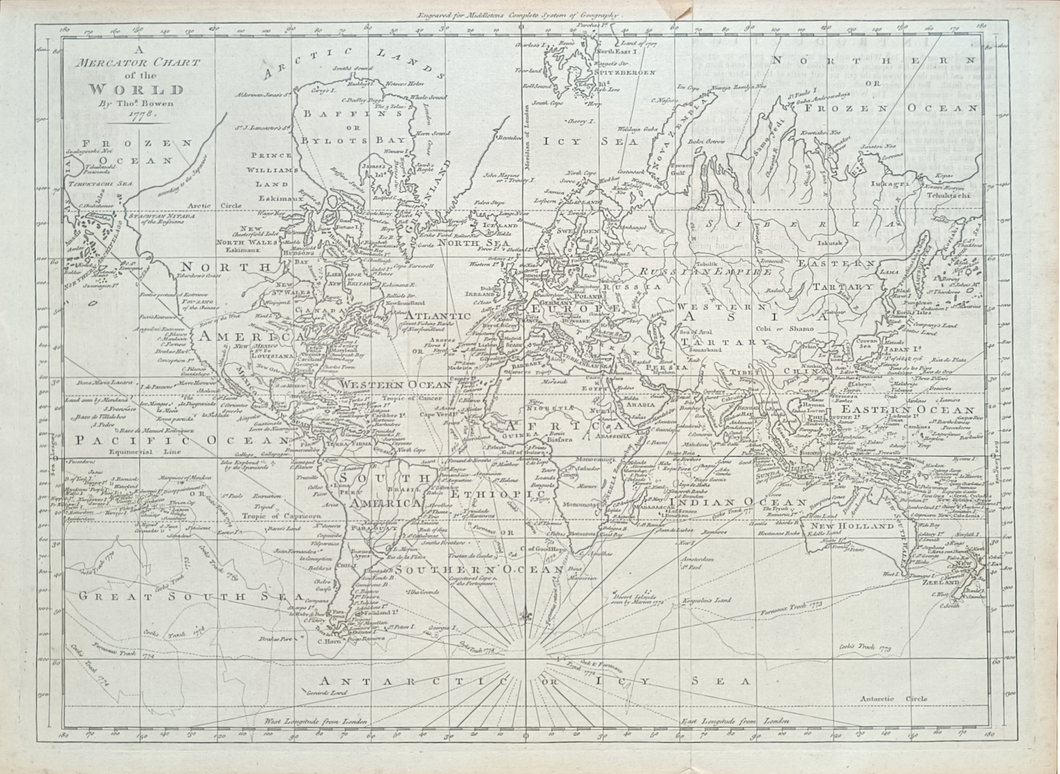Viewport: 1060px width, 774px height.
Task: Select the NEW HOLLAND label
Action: [860, 526]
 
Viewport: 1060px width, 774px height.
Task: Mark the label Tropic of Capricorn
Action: [274, 515]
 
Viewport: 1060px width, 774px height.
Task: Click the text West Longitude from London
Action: [317, 722]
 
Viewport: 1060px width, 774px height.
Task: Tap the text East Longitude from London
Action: [734, 721]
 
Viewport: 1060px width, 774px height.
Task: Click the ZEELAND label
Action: [945, 581]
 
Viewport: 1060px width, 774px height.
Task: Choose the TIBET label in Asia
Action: [751, 371]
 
